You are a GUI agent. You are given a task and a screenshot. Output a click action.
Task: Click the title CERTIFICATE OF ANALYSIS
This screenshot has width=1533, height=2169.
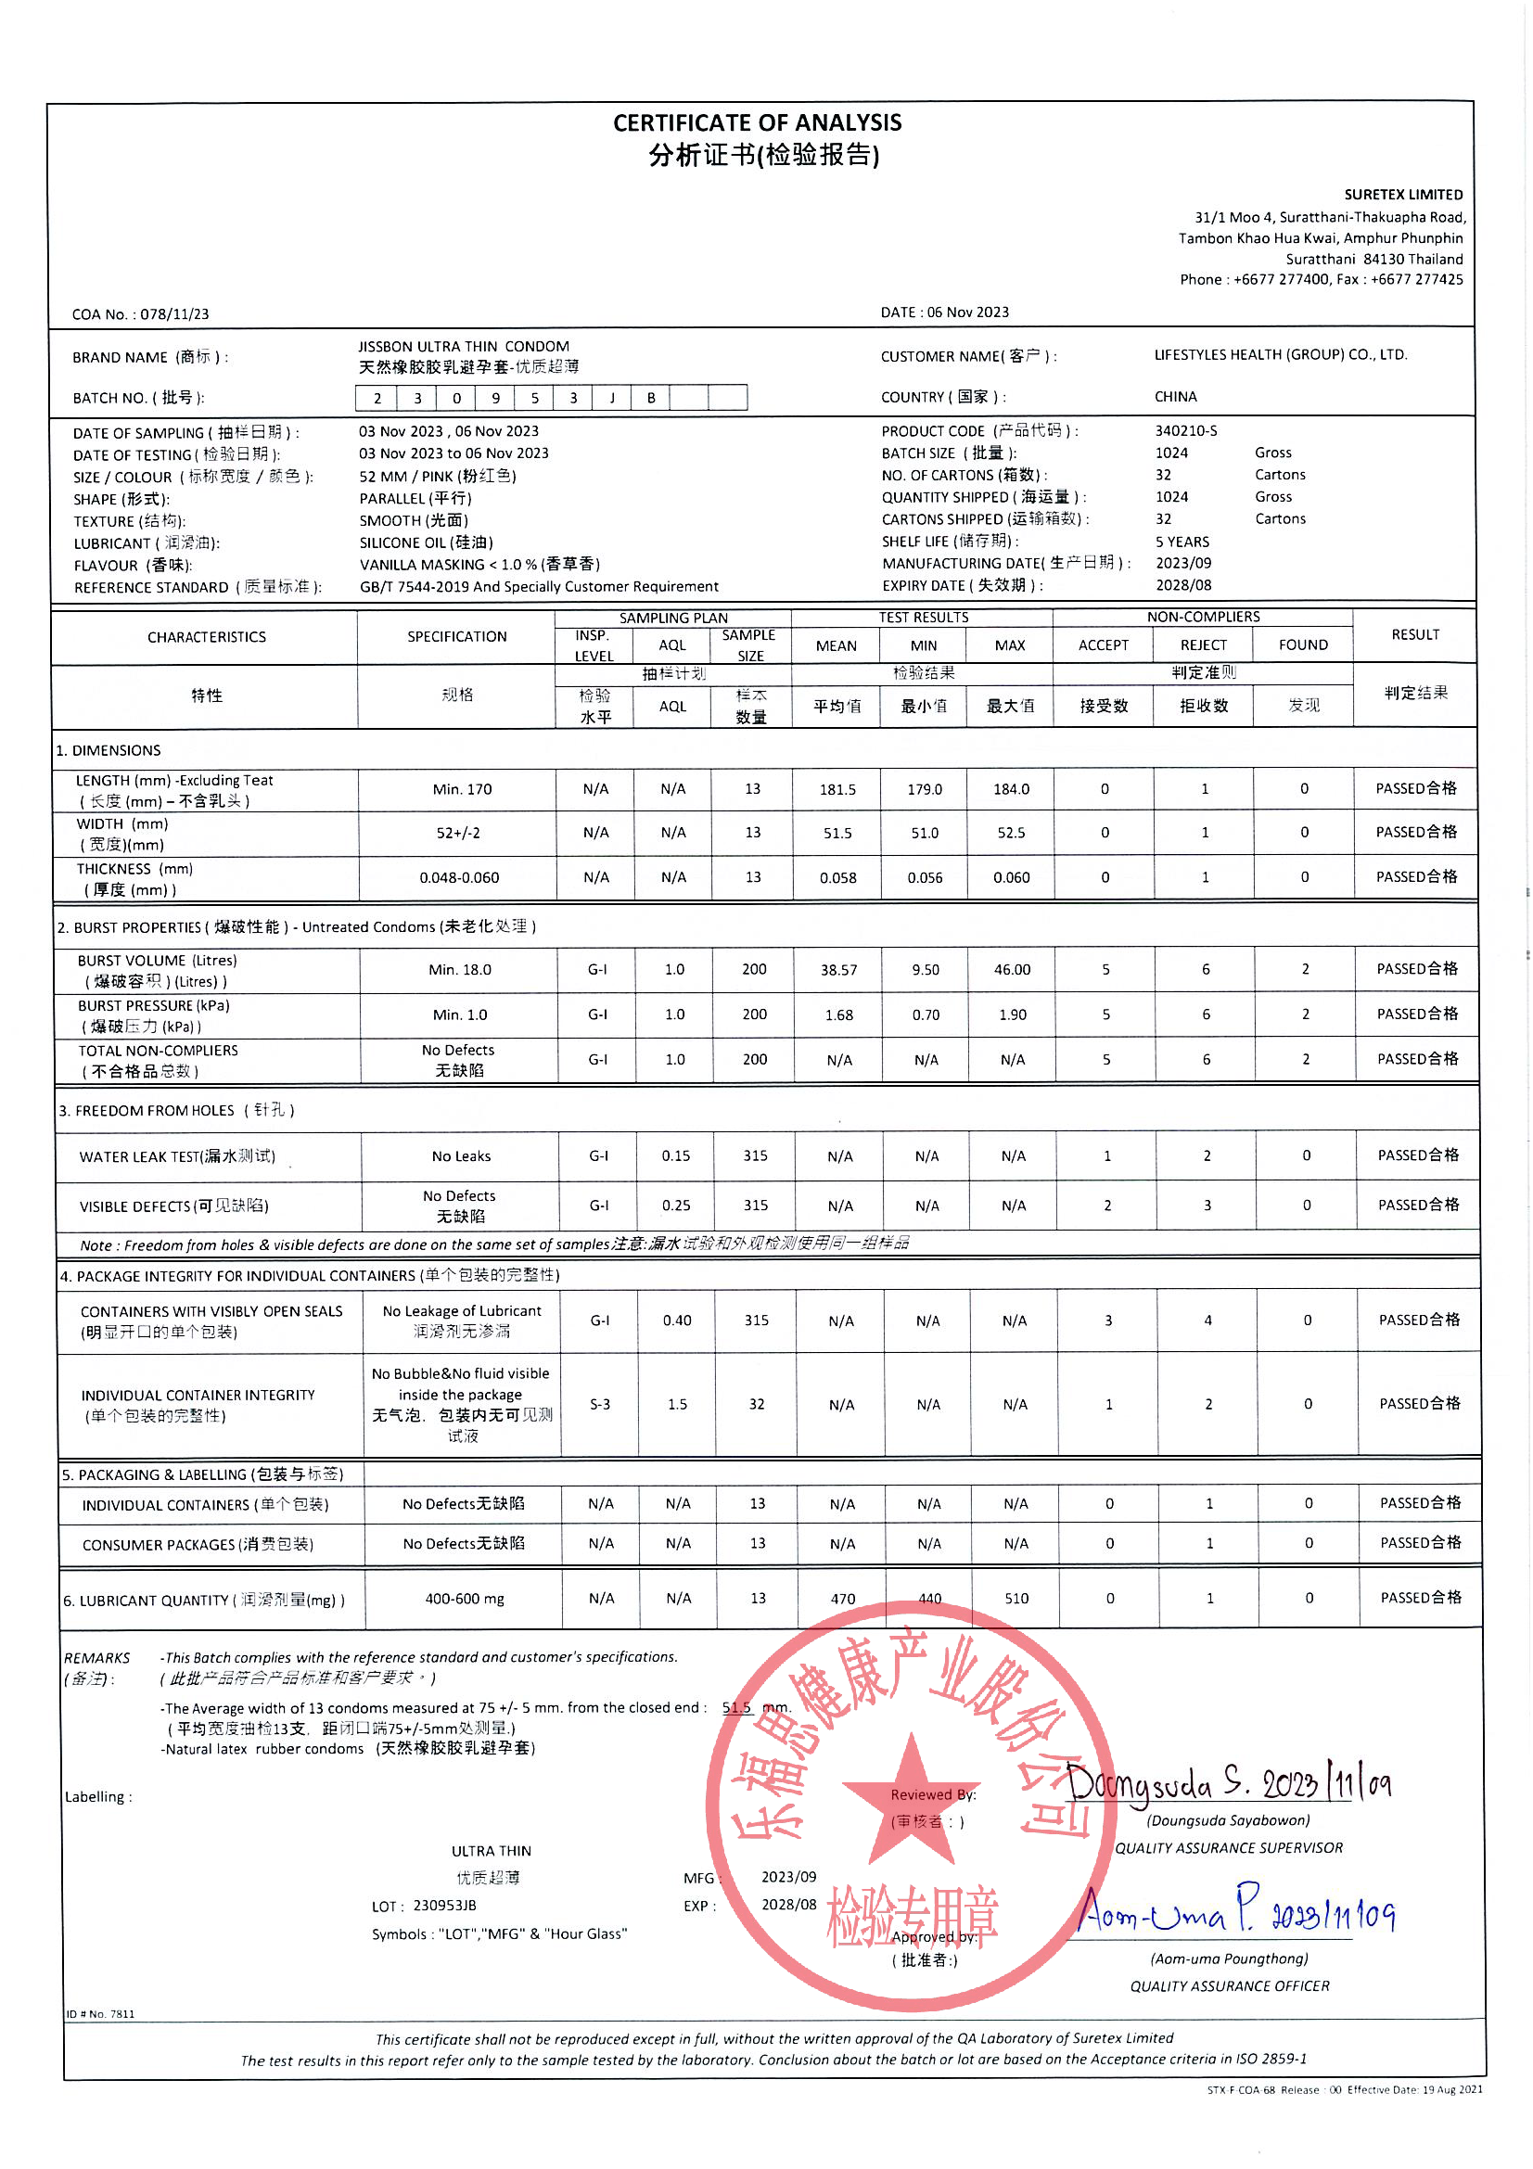757,122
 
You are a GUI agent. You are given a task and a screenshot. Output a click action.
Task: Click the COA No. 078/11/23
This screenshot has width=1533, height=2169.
141,314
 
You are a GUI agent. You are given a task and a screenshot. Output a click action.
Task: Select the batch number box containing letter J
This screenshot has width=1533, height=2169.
612,398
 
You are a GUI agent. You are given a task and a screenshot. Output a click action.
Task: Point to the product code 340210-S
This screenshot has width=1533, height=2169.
1185,431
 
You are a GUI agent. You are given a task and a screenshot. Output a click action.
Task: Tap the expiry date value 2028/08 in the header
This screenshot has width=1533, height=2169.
1182,586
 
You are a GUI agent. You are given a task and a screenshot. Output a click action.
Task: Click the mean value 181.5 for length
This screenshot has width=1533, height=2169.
837,790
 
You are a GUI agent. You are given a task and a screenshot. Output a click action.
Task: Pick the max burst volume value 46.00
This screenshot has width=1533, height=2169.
1012,969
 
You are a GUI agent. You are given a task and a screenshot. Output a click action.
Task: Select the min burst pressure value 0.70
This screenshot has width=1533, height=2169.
925,1014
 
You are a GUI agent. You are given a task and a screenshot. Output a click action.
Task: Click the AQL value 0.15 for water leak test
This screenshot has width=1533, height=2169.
675,1155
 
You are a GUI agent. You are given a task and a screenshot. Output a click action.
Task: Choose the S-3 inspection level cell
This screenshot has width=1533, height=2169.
600,1404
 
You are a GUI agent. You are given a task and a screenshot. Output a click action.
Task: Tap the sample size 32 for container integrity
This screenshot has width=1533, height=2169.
756,1404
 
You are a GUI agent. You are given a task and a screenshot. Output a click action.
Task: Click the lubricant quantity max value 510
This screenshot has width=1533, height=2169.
1016,1599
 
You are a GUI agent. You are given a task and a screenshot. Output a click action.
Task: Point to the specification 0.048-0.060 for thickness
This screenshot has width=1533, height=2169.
459,877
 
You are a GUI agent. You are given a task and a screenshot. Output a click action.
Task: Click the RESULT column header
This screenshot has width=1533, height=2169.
1415,635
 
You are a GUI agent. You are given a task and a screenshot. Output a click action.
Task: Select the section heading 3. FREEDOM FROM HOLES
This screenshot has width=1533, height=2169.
175,1110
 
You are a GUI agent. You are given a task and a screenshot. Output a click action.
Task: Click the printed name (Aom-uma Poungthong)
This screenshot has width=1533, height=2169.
1229,1958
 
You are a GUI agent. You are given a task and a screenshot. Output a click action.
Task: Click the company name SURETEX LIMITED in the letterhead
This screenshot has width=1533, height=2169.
1402,195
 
